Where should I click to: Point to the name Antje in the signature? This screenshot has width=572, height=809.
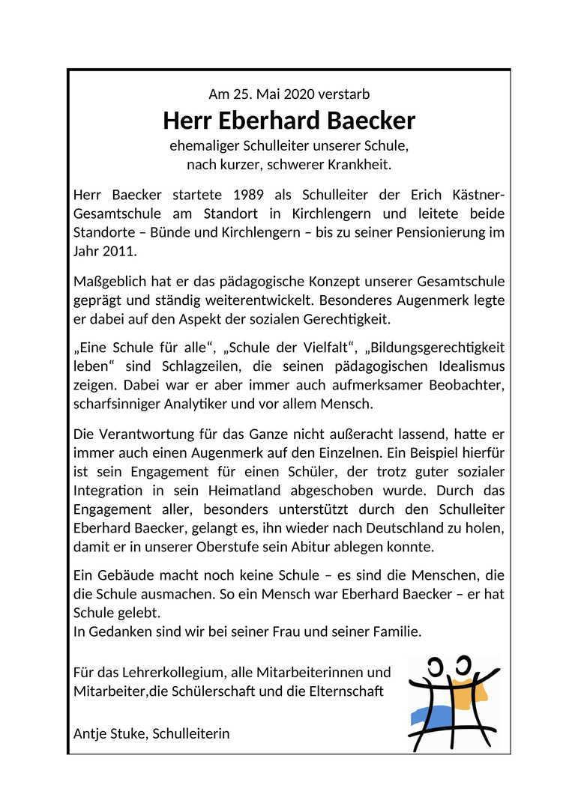[x=91, y=733]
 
